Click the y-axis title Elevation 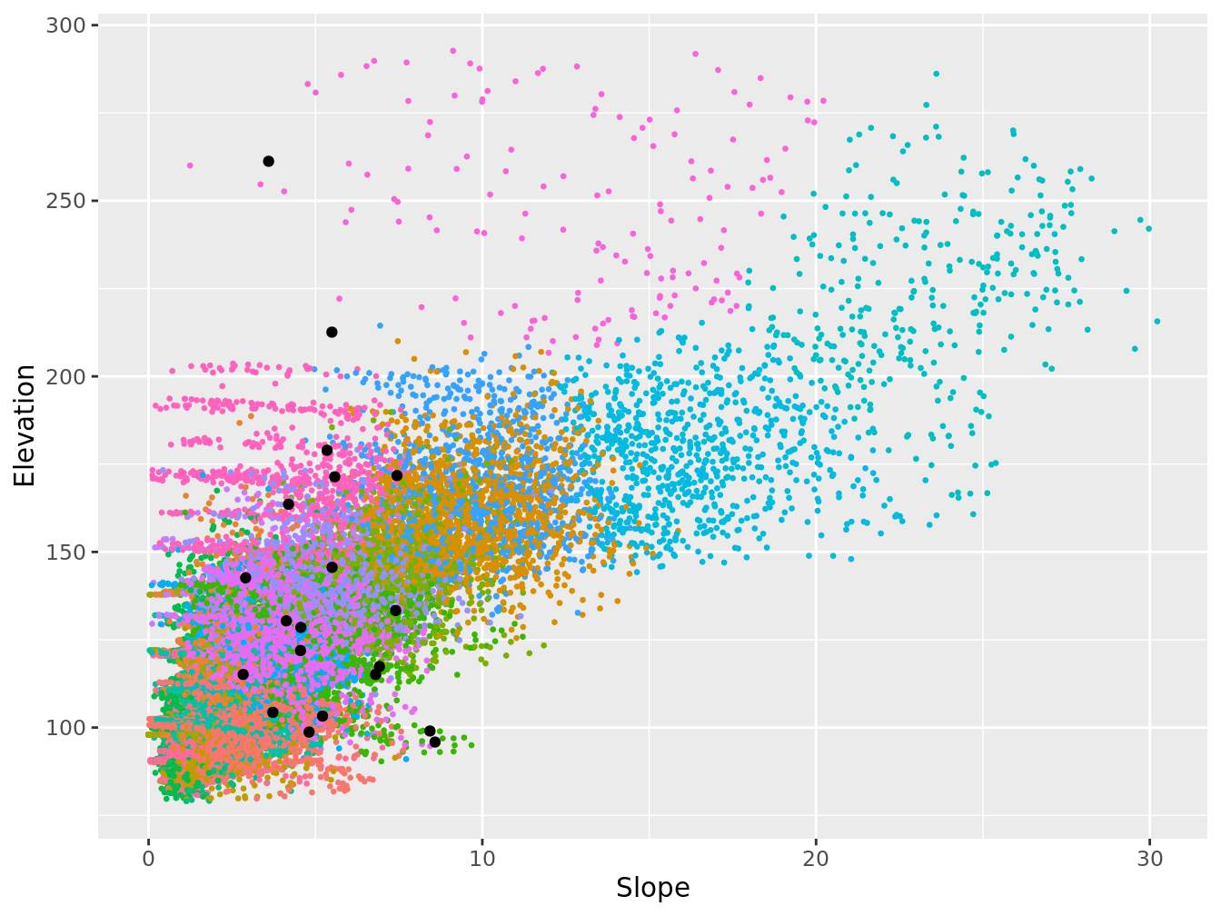click(25, 425)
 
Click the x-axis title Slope click(652, 888)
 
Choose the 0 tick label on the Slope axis click(149, 859)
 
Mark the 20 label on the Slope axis click(816, 859)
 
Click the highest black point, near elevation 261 click(268, 161)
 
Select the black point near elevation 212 click(332, 332)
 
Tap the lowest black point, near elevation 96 click(435, 742)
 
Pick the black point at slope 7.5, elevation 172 click(397, 475)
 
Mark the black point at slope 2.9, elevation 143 click(245, 578)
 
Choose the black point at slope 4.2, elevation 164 click(289, 504)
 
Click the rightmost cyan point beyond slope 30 click(1156, 321)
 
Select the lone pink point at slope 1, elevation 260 click(190, 165)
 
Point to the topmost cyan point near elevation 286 click(936, 74)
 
